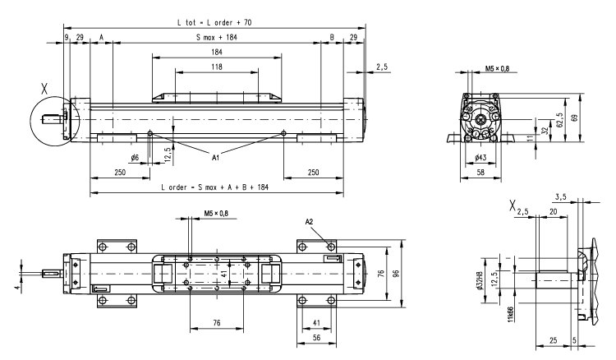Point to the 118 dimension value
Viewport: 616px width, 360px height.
click(x=217, y=66)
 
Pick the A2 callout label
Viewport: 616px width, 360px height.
click(x=310, y=221)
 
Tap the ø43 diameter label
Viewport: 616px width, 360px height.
click(x=481, y=157)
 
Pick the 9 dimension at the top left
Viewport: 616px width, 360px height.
click(x=66, y=37)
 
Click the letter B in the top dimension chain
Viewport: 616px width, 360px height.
click(x=332, y=37)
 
